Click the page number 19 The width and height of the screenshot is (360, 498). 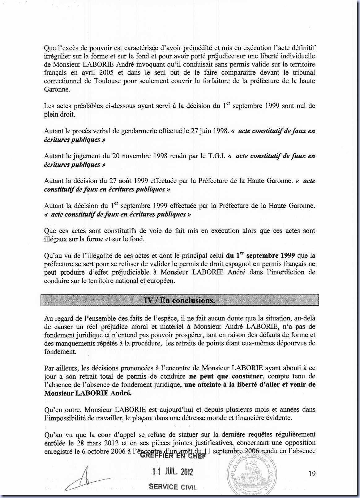tap(312, 473)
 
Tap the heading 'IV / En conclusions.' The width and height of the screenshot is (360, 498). tap(180, 300)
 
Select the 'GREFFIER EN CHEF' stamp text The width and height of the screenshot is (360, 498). tap(173, 456)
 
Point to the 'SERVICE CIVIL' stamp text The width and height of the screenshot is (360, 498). tap(173, 487)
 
